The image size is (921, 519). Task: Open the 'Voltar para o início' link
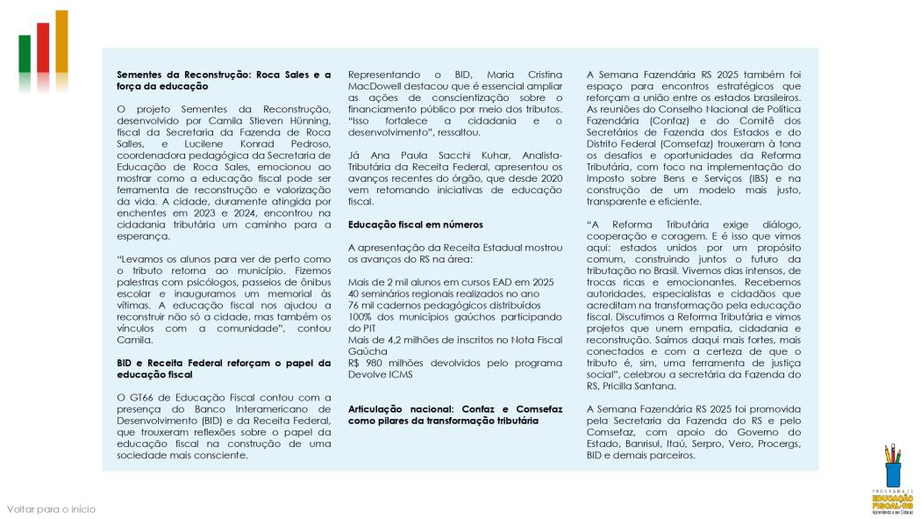(51, 509)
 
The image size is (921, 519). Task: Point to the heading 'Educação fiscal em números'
(415, 224)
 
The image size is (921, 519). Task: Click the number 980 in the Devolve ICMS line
(377, 363)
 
